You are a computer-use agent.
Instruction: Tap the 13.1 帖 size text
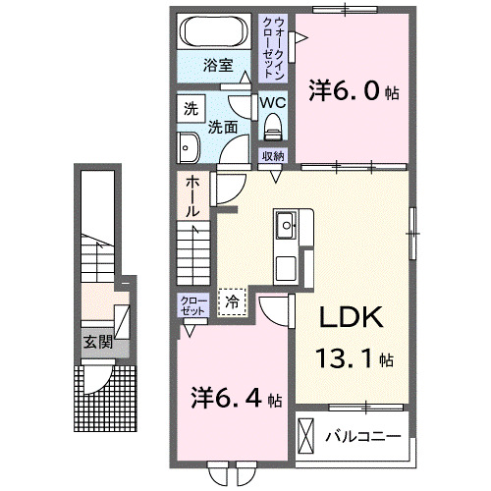355,358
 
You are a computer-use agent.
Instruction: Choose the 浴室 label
217,66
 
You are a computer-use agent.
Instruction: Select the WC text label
272,102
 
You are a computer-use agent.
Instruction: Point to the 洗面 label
221,127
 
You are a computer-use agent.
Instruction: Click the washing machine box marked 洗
190,110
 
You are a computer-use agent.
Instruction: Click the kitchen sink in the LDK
287,227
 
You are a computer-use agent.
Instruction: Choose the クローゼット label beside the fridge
192,304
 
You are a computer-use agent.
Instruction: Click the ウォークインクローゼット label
271,47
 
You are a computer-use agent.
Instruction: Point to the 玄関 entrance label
95,343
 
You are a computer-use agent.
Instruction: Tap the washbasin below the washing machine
189,146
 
